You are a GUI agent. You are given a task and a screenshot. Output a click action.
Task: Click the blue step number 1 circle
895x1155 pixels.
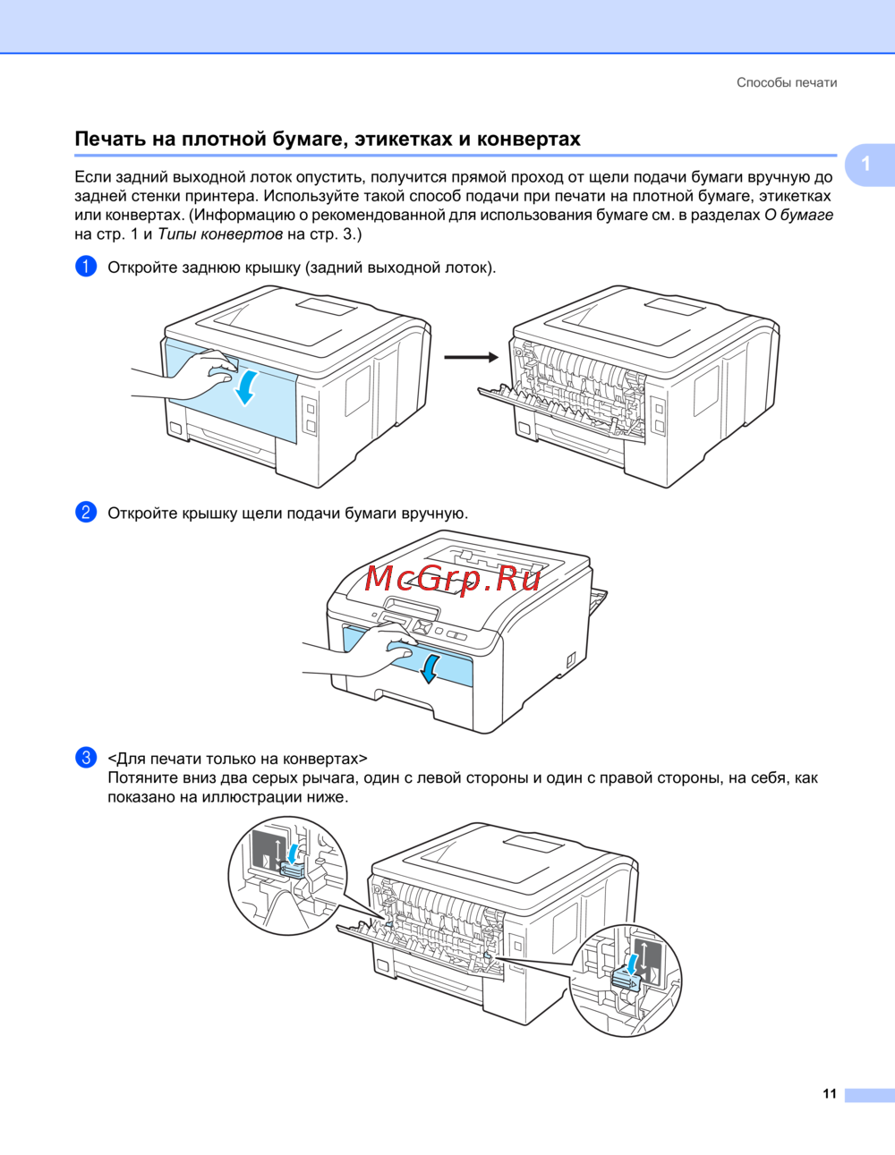coord(86,267)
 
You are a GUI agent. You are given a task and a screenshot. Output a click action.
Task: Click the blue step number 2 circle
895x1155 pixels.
coord(86,513)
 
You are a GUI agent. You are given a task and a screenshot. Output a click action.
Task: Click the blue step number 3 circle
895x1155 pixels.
coord(86,758)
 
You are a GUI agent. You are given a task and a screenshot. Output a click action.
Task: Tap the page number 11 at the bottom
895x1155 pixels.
coord(830,1093)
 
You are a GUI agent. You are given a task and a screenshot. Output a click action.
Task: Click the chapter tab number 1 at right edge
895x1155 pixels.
coord(865,164)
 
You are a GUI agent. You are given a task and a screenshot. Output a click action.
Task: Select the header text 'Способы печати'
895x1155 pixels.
coord(787,82)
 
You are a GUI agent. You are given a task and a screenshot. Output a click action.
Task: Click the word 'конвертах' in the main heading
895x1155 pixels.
coord(529,139)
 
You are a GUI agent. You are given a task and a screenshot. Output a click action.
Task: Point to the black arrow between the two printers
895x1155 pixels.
coord(471,357)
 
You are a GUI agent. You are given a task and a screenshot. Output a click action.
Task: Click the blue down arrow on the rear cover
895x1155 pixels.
coord(245,386)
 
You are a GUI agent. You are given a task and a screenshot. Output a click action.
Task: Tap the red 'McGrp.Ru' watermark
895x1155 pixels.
coord(453,579)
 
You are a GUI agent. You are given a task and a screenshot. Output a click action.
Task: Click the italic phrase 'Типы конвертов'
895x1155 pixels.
coord(220,234)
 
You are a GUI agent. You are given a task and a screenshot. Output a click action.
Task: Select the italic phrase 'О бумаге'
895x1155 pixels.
coord(798,215)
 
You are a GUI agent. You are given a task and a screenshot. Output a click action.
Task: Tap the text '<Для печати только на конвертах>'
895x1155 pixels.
coord(237,759)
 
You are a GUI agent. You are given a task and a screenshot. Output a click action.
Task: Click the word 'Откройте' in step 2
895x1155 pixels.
coord(142,514)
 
